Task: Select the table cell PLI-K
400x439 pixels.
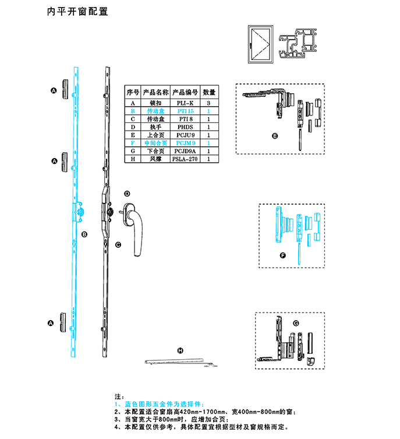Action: tap(185, 102)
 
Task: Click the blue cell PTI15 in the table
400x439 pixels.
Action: tap(185, 110)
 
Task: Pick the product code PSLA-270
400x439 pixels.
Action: tap(185, 159)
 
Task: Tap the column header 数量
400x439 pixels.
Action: tap(208, 92)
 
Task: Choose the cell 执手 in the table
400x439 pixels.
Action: tap(155, 127)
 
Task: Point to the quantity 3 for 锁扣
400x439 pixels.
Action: tap(208, 102)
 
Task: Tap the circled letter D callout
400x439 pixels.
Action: tap(126, 194)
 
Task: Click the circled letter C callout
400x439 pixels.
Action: tap(118, 245)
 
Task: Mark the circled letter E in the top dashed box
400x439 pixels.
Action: tap(275, 136)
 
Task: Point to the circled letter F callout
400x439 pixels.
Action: tap(283, 255)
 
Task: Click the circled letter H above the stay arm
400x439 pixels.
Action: tap(180, 350)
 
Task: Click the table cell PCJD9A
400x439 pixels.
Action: tap(185, 150)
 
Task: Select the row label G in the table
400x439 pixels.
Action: tap(133, 150)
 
